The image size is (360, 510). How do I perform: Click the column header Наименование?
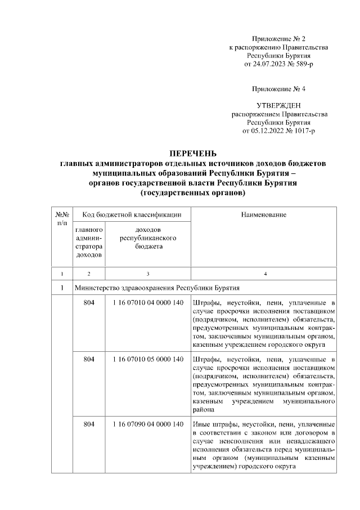(264, 214)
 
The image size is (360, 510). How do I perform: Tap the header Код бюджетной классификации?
(132, 214)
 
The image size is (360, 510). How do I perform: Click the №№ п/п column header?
(62, 218)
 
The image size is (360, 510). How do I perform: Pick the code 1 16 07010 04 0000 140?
(148, 303)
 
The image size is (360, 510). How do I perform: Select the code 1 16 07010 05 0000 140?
(148, 359)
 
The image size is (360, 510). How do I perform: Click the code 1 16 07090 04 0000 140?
(148, 423)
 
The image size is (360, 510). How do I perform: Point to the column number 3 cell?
(148, 274)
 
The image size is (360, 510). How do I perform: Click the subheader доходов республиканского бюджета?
(148, 239)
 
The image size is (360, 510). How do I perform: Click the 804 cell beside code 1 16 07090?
(89, 423)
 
